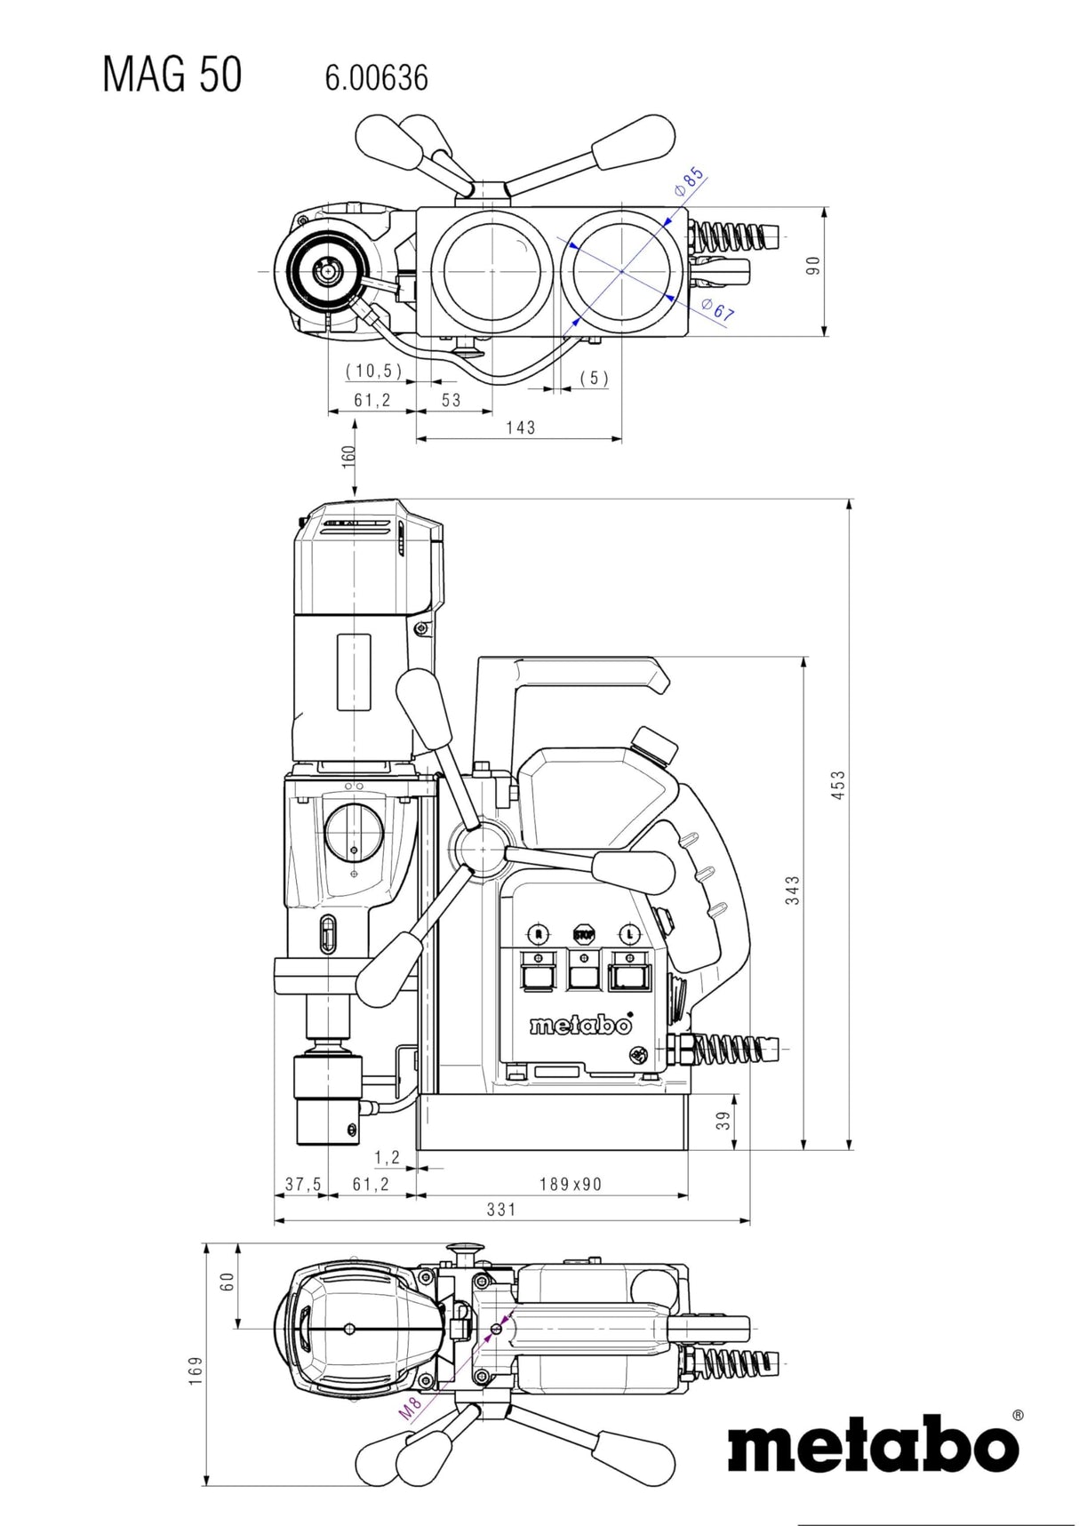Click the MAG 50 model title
pyautogui.click(x=172, y=75)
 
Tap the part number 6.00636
pyautogui.click(x=376, y=79)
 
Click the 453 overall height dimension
pyautogui.click(x=838, y=785)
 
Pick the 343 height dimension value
pyautogui.click(x=793, y=890)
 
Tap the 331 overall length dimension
pyautogui.click(x=501, y=1209)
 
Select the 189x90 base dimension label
pyautogui.click(x=571, y=1184)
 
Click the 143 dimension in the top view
pyautogui.click(x=521, y=427)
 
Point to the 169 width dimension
pyautogui.click(x=196, y=1370)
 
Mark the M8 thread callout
pyautogui.click(x=409, y=1408)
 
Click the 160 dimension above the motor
pyautogui.click(x=348, y=455)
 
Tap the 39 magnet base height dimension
pyautogui.click(x=725, y=1121)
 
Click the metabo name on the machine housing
pyautogui.click(x=581, y=1025)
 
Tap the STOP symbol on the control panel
pyautogui.click(x=584, y=934)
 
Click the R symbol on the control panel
pyautogui.click(x=538, y=934)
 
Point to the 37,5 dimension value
pyautogui.click(x=303, y=1184)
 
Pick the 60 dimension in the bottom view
pyautogui.click(x=227, y=1281)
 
